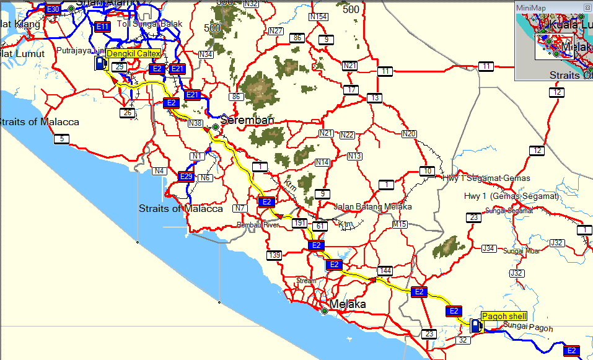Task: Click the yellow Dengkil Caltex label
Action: pos(133,54)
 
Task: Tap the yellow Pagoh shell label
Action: pos(504,316)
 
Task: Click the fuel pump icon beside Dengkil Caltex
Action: pos(99,63)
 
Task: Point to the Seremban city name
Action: pos(247,120)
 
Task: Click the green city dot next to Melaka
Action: pos(325,311)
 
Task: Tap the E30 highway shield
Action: pos(53,9)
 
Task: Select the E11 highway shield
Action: pos(103,26)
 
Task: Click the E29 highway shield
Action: pos(186,177)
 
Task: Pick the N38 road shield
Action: pos(195,123)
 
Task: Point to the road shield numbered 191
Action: pos(300,222)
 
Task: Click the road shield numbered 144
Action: pos(385,271)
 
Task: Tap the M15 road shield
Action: pos(400,224)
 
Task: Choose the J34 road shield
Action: pos(489,248)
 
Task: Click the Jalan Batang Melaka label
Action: pos(372,206)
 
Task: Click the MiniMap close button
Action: pos(587,7)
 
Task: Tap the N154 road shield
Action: pos(318,16)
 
